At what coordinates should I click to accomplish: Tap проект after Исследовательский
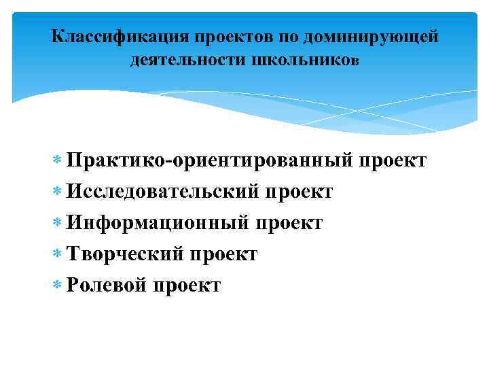[x=299, y=192]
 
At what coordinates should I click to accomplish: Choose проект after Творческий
[x=223, y=255]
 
